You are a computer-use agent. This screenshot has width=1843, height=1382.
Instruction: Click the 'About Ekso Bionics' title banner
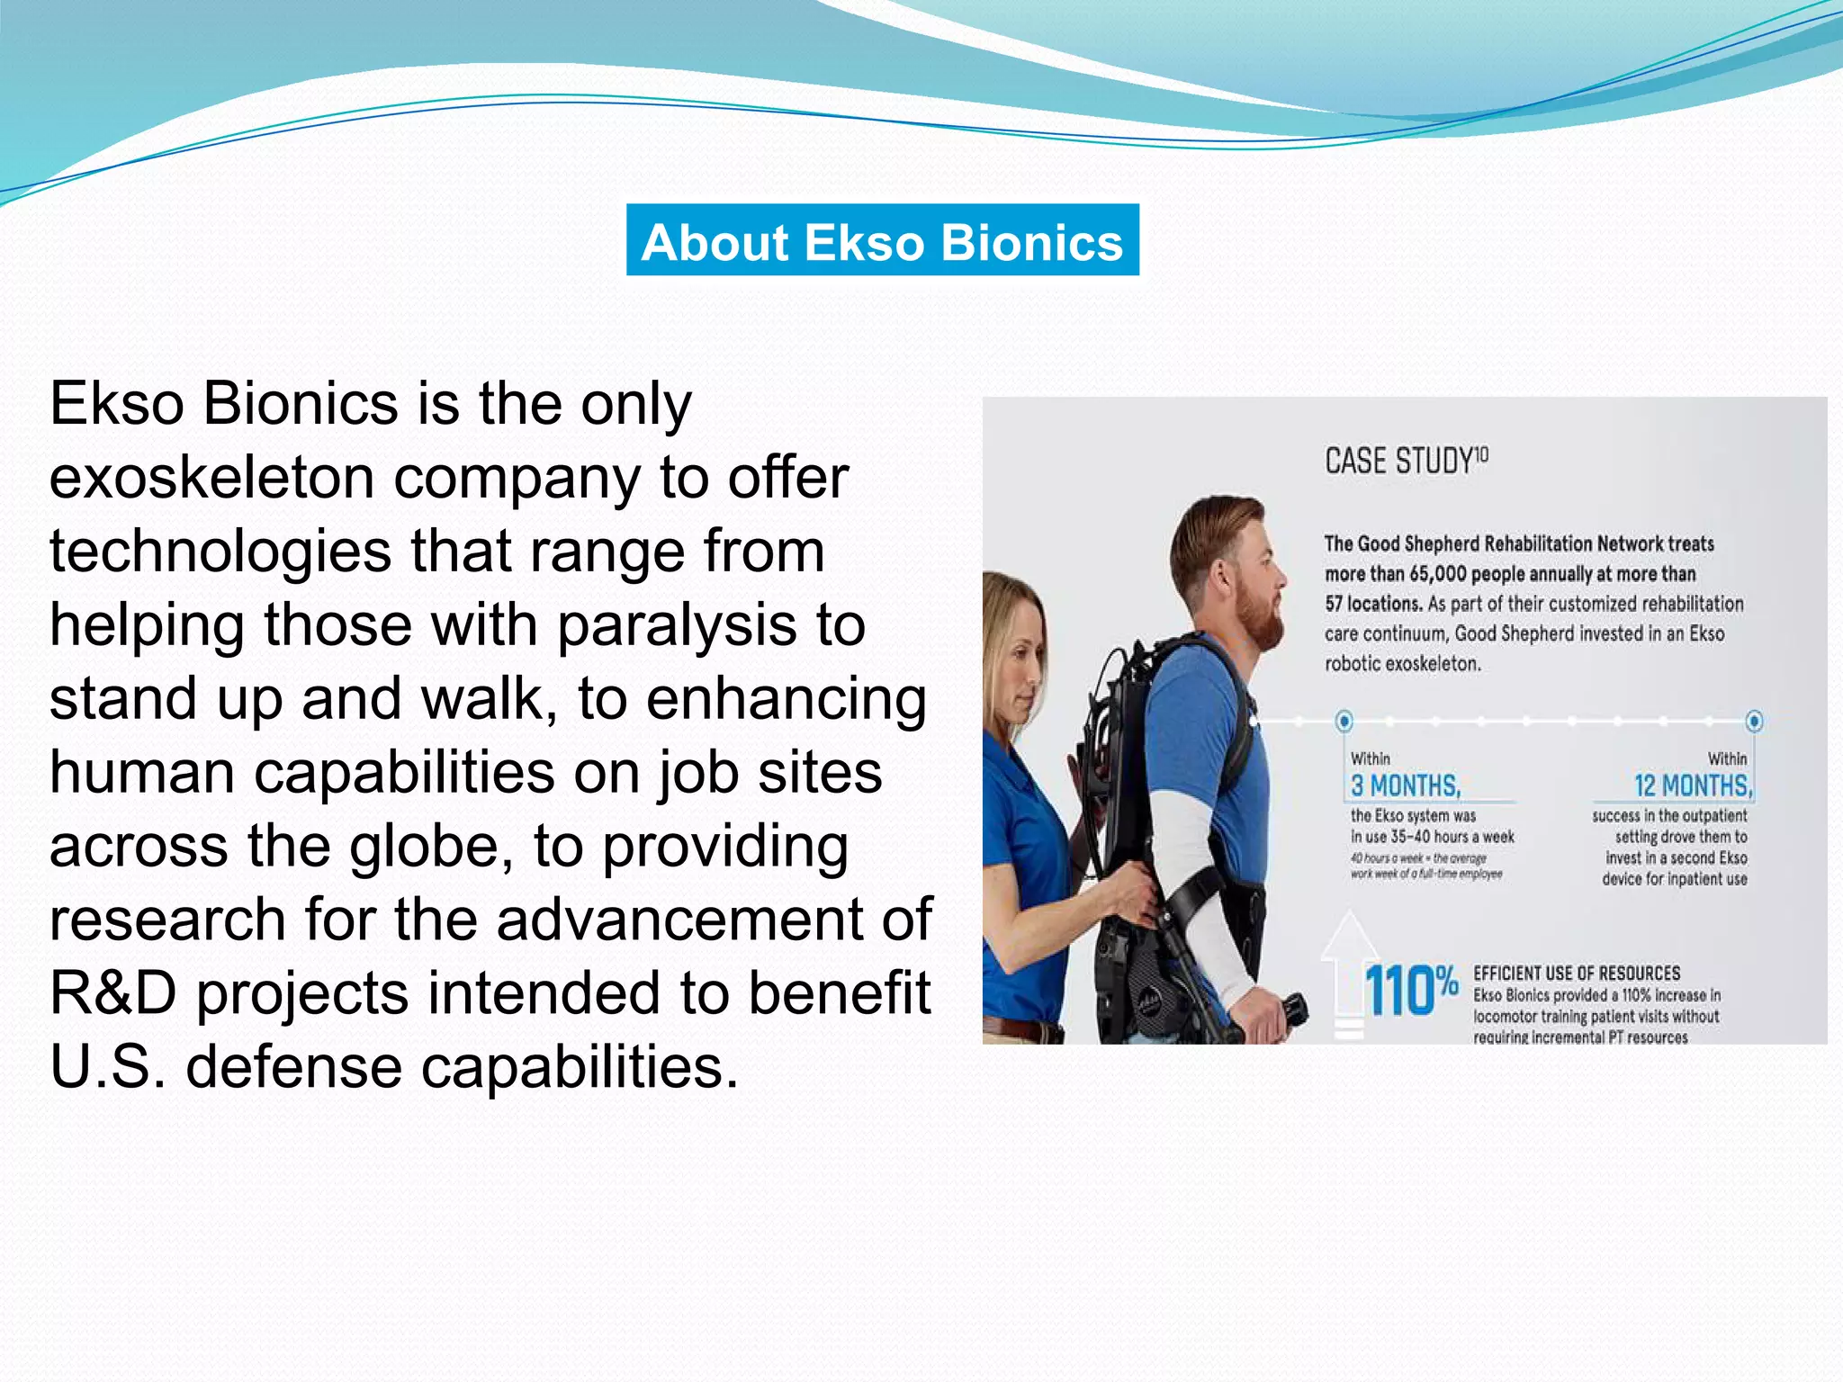click(882, 240)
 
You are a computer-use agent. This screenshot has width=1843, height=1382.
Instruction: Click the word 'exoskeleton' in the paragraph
click(211, 477)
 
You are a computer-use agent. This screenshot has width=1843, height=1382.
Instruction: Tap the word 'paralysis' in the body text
click(677, 624)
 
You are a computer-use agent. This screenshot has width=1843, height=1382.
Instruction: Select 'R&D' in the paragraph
click(112, 993)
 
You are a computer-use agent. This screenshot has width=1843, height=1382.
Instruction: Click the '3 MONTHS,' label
click(1406, 786)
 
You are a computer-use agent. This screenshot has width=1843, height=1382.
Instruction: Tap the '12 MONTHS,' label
click(1693, 786)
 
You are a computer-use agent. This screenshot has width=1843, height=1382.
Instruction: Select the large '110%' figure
click(1410, 990)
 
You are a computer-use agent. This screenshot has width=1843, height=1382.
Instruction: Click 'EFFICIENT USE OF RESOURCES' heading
click(1577, 974)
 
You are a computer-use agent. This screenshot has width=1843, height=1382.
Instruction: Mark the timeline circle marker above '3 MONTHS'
click(1344, 721)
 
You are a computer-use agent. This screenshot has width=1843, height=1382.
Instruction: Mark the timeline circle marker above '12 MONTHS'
click(1754, 721)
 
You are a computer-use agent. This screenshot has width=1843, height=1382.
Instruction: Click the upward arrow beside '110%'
click(1348, 972)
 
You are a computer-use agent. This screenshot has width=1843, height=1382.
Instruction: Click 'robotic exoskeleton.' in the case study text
click(1402, 664)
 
